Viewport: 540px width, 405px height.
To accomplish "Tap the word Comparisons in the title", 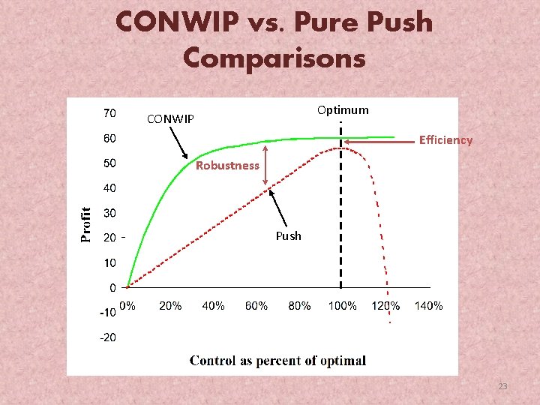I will click(x=274, y=57).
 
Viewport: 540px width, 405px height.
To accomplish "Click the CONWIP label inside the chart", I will click(x=170, y=118).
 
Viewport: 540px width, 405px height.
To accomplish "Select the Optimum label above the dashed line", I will click(x=343, y=110).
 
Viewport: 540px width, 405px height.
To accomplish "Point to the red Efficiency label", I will click(x=445, y=139).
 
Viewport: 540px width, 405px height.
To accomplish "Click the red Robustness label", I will click(x=227, y=166).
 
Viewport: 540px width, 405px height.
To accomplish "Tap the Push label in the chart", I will click(x=288, y=235).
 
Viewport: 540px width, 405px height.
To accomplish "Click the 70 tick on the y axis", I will click(x=109, y=113).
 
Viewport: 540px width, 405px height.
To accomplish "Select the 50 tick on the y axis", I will click(x=109, y=163).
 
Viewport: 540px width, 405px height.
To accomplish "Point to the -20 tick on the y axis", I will click(x=108, y=337).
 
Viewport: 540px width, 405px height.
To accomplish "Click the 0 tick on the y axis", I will click(x=112, y=287).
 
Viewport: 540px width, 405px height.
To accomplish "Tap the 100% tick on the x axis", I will click(x=342, y=306).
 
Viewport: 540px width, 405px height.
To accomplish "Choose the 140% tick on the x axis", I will click(x=428, y=306).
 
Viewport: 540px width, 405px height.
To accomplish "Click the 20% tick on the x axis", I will click(x=170, y=306).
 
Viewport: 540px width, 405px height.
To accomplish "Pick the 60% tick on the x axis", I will click(x=256, y=306).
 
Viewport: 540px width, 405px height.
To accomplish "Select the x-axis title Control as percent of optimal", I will click(x=277, y=361).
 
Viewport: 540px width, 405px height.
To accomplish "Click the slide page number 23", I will click(x=502, y=386).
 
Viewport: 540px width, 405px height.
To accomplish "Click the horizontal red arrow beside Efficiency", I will click(x=378, y=140).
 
